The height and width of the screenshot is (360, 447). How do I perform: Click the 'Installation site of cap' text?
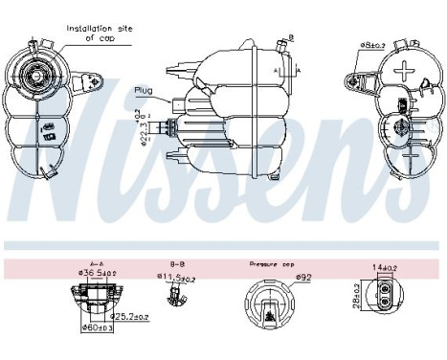(x=99, y=34)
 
